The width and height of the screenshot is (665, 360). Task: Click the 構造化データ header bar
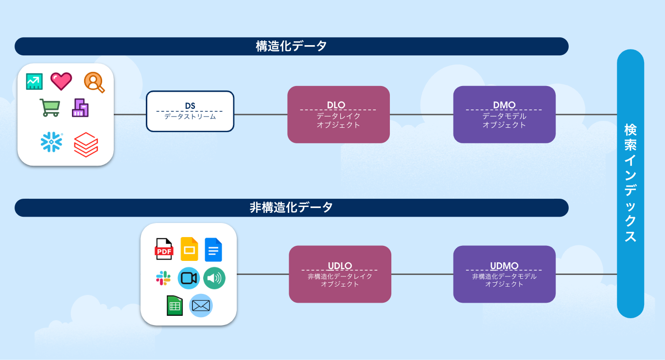click(292, 46)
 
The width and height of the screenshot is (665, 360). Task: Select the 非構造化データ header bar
click(292, 207)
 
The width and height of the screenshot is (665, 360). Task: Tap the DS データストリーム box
click(190, 111)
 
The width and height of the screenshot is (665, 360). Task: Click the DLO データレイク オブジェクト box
click(338, 115)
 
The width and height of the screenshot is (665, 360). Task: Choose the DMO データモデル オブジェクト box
click(504, 115)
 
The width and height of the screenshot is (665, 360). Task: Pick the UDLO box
click(340, 274)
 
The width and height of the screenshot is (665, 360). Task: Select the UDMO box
click(504, 274)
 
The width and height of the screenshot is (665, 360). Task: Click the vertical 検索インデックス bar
click(630, 184)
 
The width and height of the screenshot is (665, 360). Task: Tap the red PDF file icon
click(164, 249)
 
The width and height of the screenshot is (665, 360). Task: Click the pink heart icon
click(61, 81)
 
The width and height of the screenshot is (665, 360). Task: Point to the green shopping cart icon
click(50, 107)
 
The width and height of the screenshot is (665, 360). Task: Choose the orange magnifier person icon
click(94, 82)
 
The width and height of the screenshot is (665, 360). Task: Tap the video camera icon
click(189, 278)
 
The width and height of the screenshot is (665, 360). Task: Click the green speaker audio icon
click(214, 278)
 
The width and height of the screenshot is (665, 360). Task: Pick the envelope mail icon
click(201, 306)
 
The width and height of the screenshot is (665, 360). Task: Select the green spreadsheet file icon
click(175, 306)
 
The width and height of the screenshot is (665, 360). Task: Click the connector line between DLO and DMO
click(421, 115)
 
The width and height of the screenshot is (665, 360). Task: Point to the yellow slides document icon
click(189, 249)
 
